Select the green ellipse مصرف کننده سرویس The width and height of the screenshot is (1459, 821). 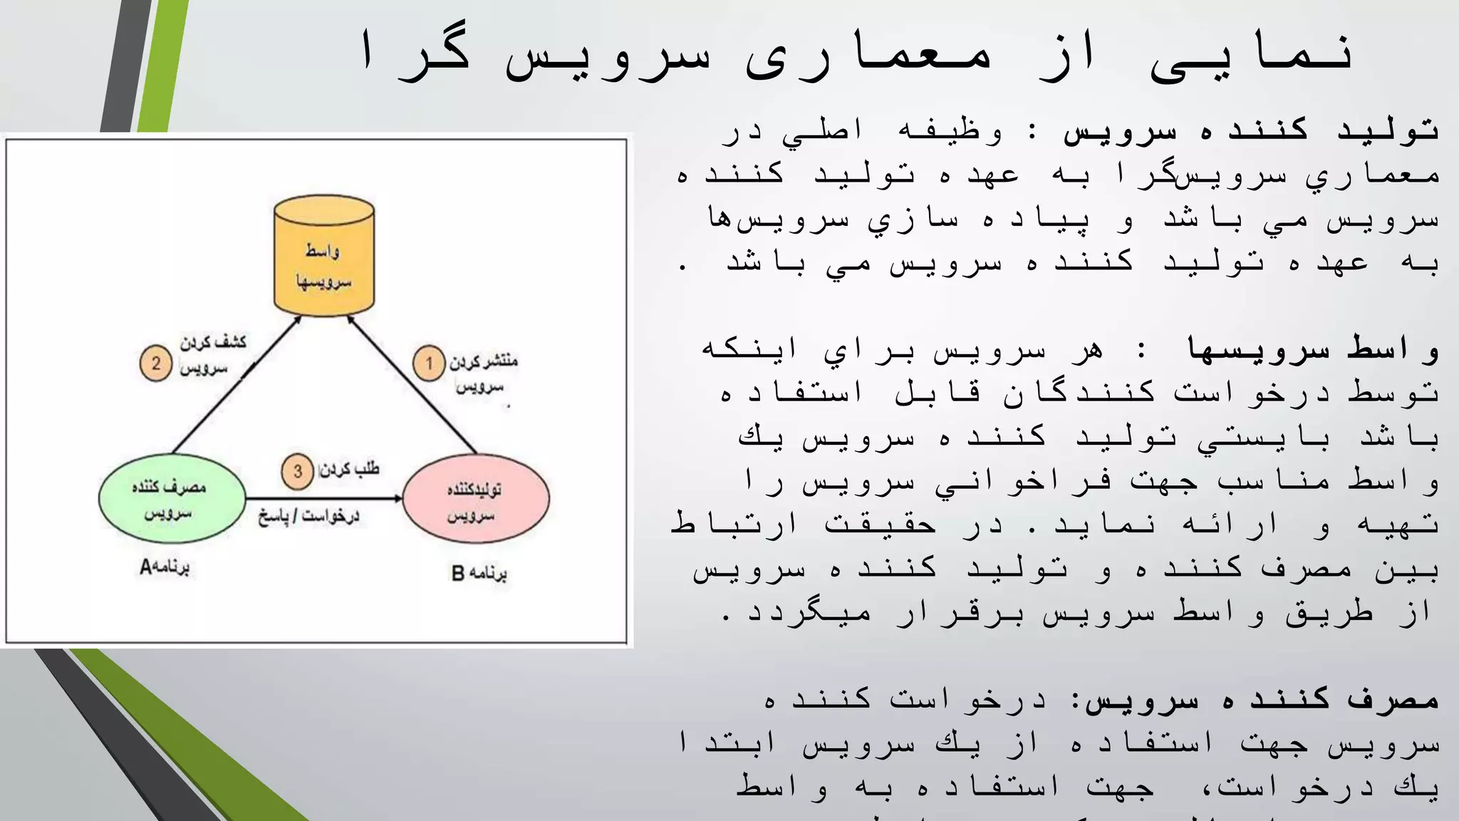click(172, 498)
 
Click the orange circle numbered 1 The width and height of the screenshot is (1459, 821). click(429, 363)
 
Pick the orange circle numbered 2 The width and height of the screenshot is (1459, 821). click(155, 363)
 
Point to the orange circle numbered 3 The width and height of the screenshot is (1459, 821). click(297, 471)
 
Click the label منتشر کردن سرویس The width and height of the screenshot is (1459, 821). click(482, 373)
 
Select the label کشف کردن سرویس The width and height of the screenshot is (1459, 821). click(211, 354)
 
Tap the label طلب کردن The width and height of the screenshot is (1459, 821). click(349, 469)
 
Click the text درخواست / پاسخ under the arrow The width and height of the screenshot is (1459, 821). click(308, 515)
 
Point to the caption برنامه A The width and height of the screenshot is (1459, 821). click(165, 567)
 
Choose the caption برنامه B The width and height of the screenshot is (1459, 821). click(479, 573)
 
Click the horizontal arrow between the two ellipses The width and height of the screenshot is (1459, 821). click(324, 499)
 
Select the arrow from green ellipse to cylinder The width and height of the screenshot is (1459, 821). click(236, 386)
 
